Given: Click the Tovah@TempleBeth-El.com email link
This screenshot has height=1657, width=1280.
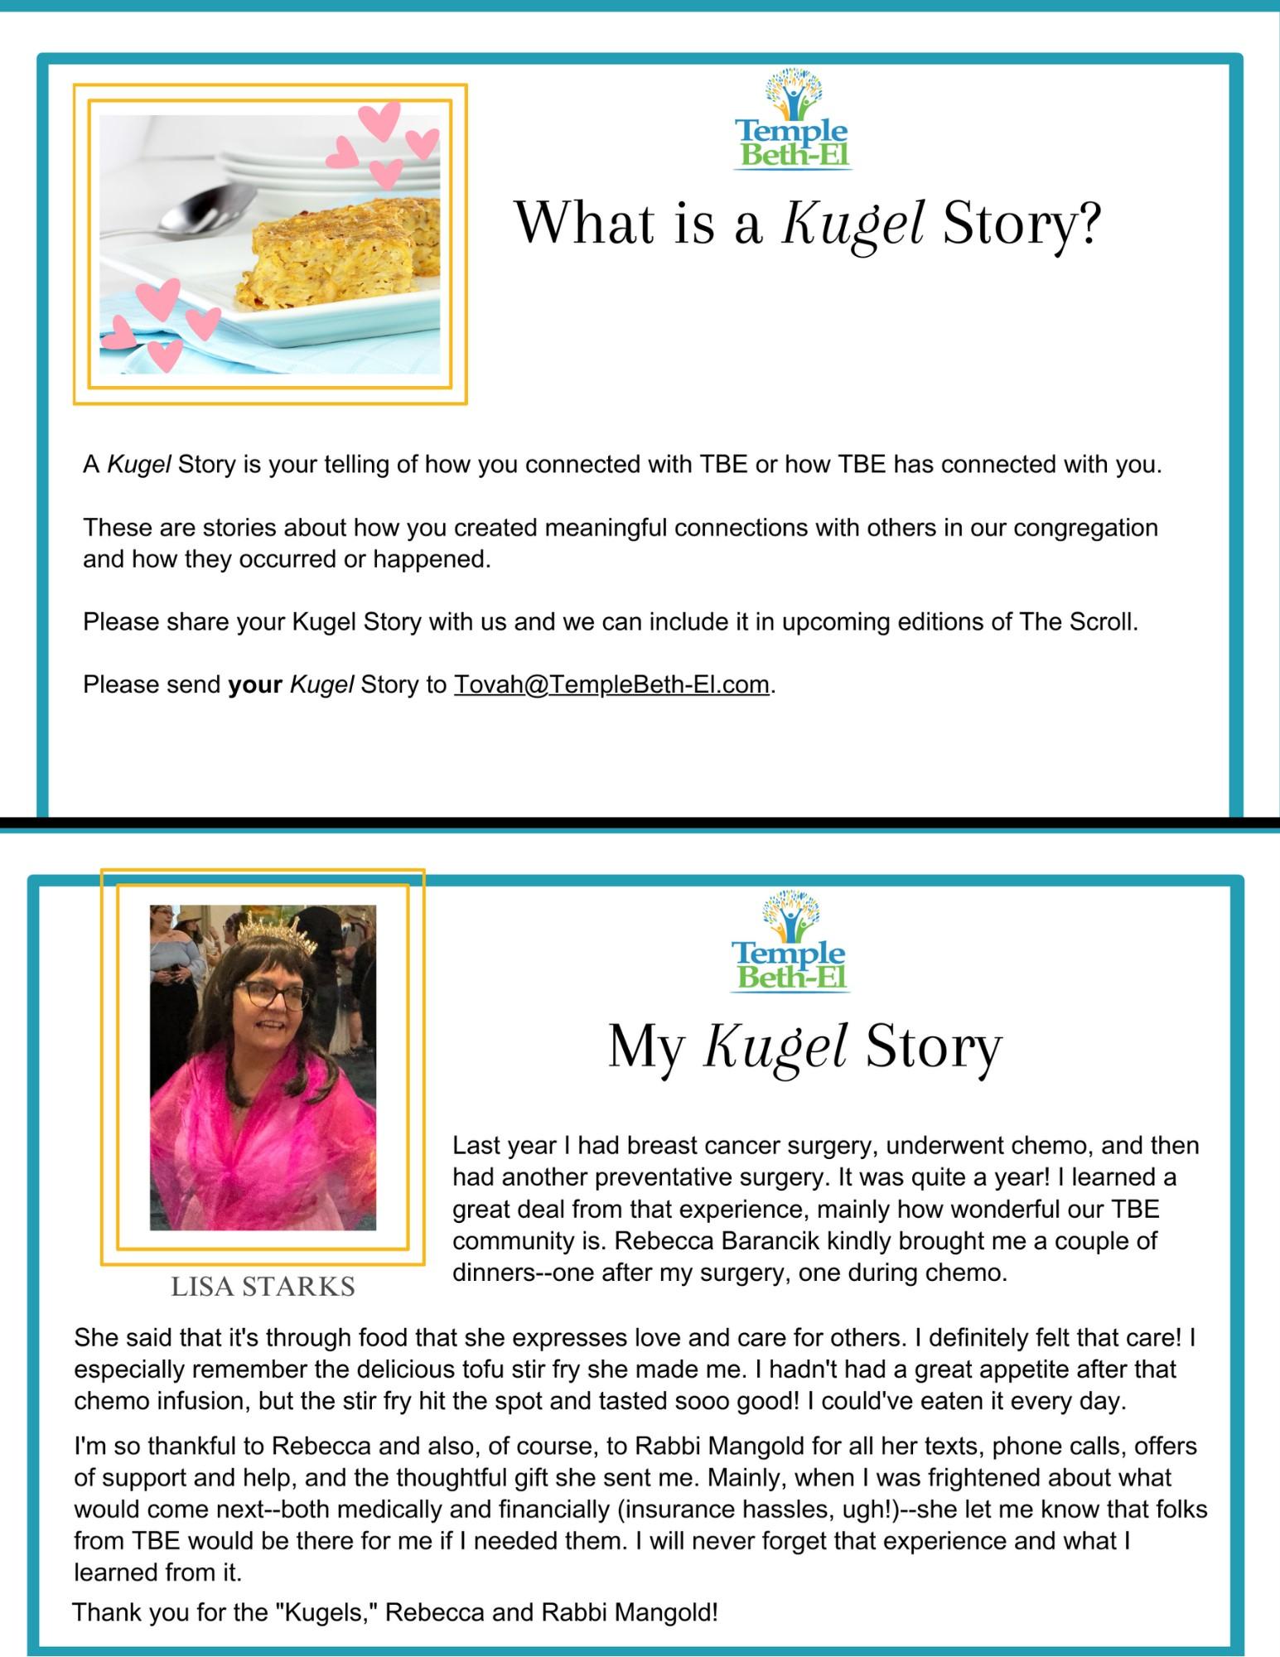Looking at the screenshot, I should point(611,685).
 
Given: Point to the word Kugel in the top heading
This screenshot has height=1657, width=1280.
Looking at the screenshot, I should point(853,224).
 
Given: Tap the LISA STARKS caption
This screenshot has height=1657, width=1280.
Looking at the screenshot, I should point(263,1287).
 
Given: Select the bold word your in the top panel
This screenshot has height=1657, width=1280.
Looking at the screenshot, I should point(255,685).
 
